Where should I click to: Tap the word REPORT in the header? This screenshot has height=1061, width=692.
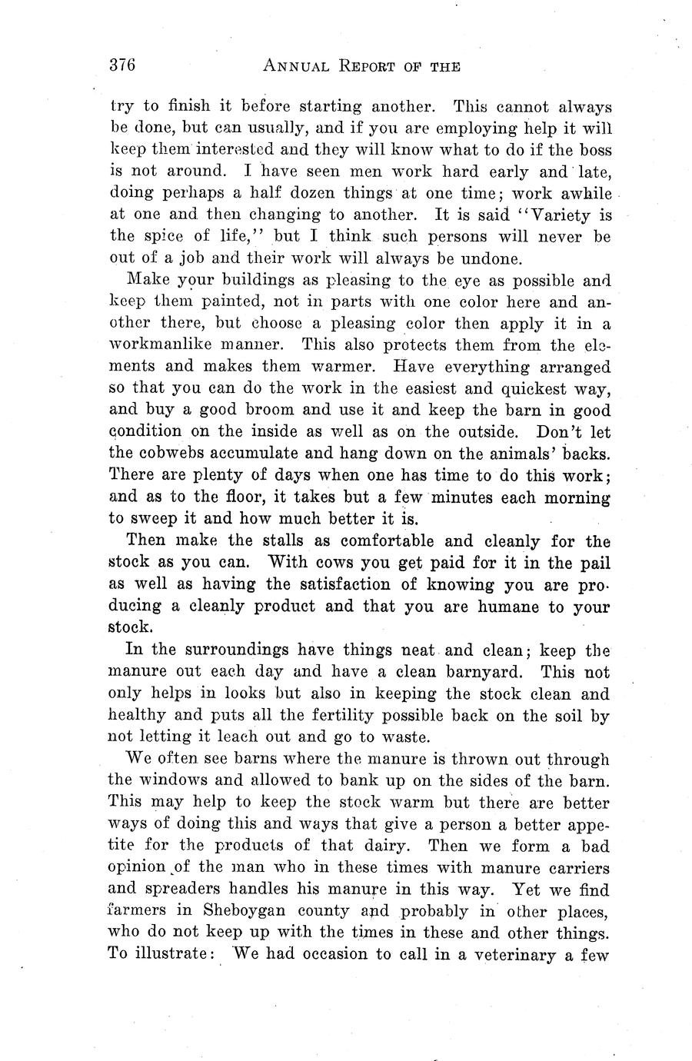(x=368, y=67)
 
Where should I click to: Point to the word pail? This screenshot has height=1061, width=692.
(x=595, y=562)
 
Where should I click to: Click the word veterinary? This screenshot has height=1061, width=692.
(x=512, y=956)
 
